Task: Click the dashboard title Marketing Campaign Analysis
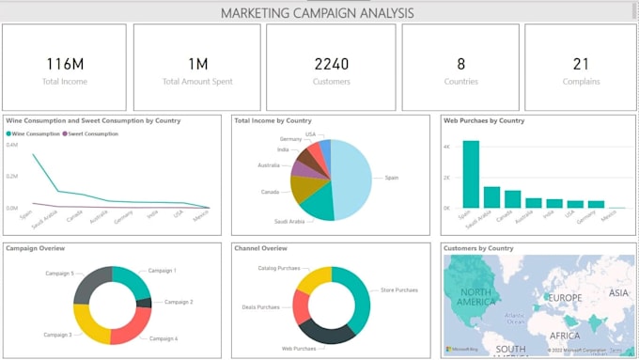(317, 13)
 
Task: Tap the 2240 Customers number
(331, 64)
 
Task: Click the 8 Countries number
(460, 64)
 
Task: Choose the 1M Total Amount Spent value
(196, 64)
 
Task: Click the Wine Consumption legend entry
(35, 133)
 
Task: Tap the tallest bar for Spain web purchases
(471, 174)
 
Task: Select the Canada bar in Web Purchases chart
(513, 198)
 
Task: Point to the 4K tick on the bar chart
(448, 147)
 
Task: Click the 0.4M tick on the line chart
(12, 145)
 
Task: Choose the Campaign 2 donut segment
(144, 303)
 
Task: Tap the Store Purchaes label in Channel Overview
(400, 290)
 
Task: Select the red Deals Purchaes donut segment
(302, 306)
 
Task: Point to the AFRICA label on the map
(565, 334)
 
